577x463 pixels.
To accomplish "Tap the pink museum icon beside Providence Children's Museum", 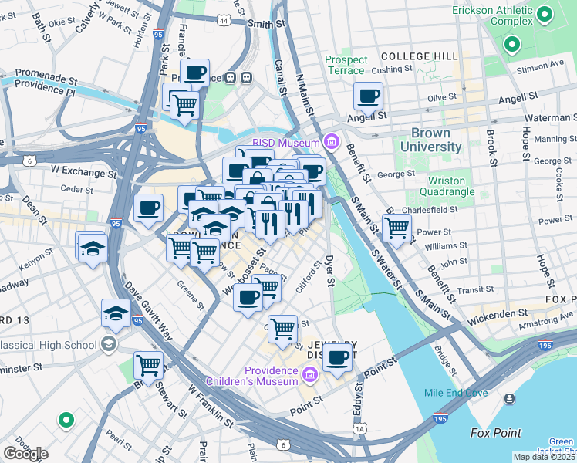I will pos(310,375).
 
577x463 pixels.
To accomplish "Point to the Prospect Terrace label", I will pos(346,65).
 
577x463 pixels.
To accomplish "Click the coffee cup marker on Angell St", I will pos(368,96).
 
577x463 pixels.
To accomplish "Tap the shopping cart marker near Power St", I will pos(396,227).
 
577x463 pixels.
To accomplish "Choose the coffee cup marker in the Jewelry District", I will pos(337,357).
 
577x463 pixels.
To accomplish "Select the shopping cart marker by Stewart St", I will pos(148,365).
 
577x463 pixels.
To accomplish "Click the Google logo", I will pos(25,453).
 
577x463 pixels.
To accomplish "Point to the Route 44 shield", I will pos(224,21).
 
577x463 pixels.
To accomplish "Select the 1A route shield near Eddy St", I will pos(359,428).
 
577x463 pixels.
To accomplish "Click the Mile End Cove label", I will pos(456,393).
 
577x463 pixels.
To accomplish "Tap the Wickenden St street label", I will pos(501,313).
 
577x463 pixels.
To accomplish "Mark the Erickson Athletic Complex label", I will pos(492,19).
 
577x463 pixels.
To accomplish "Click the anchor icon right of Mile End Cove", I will pos(509,398).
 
